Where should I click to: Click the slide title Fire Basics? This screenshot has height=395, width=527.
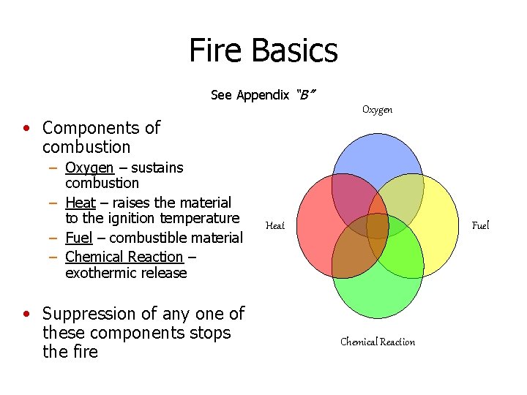click(x=263, y=50)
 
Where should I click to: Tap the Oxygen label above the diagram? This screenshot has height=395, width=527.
click(x=377, y=110)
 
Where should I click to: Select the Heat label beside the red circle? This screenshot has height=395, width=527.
click(x=275, y=226)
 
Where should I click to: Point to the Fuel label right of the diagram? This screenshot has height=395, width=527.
click(x=480, y=225)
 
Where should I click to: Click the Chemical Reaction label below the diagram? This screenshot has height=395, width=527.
click(x=377, y=342)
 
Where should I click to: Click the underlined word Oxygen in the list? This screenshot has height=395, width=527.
click(x=89, y=168)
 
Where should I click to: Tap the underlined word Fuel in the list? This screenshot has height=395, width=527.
click(x=78, y=238)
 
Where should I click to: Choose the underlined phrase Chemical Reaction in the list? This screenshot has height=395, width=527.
click(x=124, y=257)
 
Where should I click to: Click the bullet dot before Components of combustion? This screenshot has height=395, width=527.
click(x=26, y=129)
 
